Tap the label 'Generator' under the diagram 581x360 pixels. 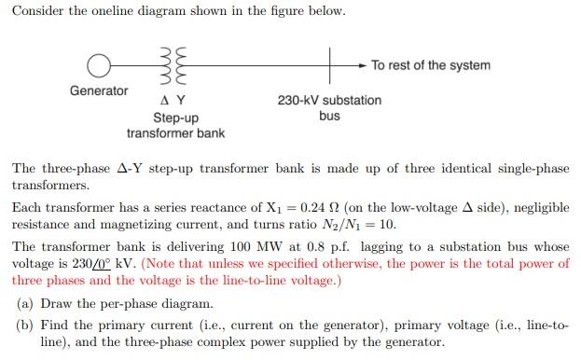pyautogui.click(x=99, y=90)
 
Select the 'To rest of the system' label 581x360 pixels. pyautogui.click(x=430, y=65)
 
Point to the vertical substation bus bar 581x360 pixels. pyautogui.click(x=330, y=65)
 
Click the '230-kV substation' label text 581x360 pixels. pyautogui.click(x=329, y=101)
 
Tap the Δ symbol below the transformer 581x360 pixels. pyautogui.click(x=165, y=102)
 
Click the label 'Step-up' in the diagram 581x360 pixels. pyautogui.click(x=175, y=118)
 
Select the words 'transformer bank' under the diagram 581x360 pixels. pyautogui.click(x=175, y=132)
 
